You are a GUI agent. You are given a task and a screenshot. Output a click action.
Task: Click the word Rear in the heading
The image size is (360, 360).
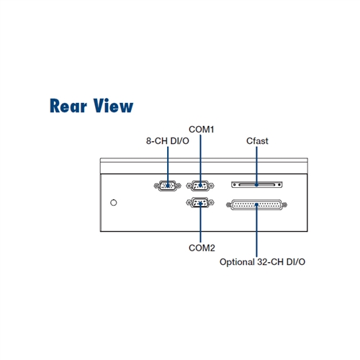point(68,106)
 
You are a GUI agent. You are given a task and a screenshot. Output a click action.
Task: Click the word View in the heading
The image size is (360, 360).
point(113,106)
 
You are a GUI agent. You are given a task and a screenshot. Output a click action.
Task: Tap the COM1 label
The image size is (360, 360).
point(201,130)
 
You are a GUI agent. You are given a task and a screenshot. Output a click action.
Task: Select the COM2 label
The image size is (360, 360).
point(202,248)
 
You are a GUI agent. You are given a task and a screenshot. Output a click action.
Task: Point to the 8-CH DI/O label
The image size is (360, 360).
point(168,141)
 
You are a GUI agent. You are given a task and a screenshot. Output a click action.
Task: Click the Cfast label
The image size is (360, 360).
point(257,141)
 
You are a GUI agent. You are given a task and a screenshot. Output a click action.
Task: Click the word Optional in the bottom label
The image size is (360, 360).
point(237,262)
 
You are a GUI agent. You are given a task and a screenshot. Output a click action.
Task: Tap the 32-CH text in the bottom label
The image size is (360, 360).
point(270,262)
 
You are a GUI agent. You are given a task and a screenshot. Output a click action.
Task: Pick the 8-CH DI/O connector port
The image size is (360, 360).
point(168,186)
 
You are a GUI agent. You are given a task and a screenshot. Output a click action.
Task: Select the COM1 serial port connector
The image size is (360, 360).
point(200,186)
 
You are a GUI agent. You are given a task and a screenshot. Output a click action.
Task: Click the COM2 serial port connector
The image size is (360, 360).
point(200,203)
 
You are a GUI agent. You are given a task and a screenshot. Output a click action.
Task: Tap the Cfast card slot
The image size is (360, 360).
point(257,184)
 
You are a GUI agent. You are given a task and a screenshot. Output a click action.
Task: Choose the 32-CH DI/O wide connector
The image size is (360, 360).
point(256,204)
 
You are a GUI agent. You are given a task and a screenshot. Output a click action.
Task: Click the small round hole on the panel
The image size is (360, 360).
point(114,203)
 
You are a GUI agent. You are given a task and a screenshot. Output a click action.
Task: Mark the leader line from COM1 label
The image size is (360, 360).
point(201,161)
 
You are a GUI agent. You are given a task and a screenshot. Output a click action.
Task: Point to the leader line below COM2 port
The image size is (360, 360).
point(200,222)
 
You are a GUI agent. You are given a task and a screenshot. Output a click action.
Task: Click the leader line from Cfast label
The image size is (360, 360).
point(256,166)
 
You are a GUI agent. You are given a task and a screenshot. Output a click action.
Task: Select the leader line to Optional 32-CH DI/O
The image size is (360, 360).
point(256,230)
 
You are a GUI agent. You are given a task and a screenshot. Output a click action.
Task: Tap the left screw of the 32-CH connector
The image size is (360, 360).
point(229,205)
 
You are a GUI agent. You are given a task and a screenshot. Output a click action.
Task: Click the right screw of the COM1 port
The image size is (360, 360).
point(211,186)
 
